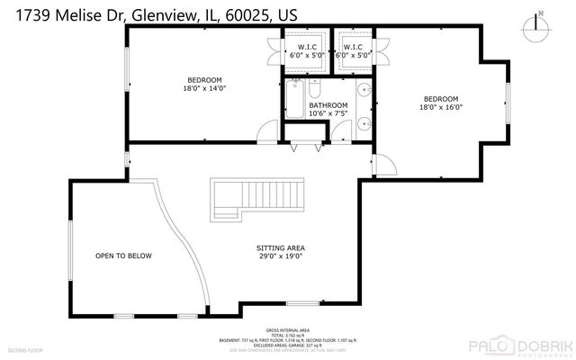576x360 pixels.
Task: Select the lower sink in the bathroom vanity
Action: [362, 123]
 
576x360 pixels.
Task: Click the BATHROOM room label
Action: [328, 105]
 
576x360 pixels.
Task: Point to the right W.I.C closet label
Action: [353, 47]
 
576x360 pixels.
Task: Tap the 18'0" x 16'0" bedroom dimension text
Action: [441, 107]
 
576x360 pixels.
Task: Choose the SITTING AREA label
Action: [282, 247]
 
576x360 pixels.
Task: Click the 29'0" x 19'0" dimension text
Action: [282, 256]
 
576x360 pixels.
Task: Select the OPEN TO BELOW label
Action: [123, 256]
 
